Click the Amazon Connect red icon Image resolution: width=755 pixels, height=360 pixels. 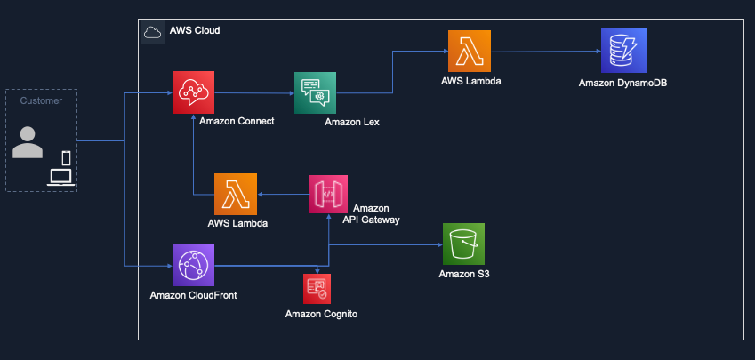[194, 92]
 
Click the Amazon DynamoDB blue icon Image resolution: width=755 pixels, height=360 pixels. [622, 51]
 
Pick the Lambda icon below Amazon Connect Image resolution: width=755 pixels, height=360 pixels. [236, 194]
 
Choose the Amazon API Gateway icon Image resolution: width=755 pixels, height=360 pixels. [328, 194]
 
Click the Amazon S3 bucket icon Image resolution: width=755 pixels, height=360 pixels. [463, 244]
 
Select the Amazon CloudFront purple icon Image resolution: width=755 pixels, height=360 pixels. [194, 264]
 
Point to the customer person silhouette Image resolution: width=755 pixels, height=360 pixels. [28, 142]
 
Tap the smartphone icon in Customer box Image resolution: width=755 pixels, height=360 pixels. [66, 158]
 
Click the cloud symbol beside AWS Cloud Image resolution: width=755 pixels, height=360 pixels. [152, 31]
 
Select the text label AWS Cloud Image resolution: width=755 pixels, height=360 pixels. [195, 31]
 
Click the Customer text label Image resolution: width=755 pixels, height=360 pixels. [41, 100]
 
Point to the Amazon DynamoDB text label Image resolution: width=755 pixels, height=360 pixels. [622, 83]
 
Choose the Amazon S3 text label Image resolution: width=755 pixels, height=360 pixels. [464, 274]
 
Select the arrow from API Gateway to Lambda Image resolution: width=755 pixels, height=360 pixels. [283, 194]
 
